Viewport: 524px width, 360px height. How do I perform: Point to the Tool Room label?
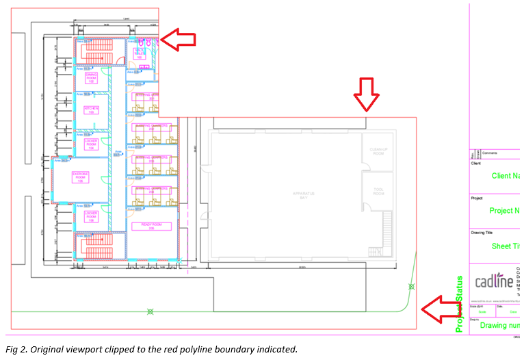(x=378, y=192)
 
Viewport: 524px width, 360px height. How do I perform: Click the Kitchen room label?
(x=91, y=110)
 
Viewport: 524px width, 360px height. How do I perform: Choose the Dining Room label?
(x=91, y=79)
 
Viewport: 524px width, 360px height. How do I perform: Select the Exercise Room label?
(x=81, y=178)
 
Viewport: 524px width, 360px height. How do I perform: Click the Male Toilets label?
(x=140, y=53)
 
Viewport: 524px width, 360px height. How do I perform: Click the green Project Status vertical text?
(x=460, y=304)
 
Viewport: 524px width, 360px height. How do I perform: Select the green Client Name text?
(x=506, y=176)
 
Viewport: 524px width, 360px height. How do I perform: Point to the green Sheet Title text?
(x=506, y=246)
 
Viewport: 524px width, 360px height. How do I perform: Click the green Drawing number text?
(x=499, y=325)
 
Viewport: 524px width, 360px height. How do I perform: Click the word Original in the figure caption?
(x=55, y=349)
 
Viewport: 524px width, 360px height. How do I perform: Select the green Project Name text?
(x=506, y=211)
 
